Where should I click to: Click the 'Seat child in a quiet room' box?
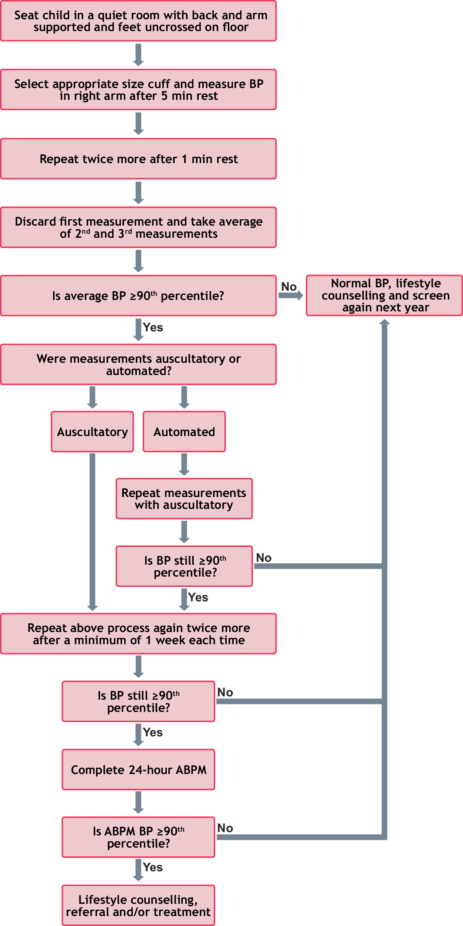pos(138,21)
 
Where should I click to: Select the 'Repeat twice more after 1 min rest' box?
pos(138,159)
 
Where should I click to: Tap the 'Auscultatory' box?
pos(92,432)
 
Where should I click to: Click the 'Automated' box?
pos(184,432)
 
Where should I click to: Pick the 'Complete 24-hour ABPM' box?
pos(138,770)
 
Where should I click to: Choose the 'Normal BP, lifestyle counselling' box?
pos(385,295)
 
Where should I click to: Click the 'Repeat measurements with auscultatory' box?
pos(184,499)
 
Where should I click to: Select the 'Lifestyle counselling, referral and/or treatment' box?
pos(138,905)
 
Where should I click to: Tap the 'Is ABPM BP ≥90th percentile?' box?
pos(138,837)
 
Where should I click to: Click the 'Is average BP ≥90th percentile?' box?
pos(138,296)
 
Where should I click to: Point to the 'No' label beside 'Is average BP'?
pos(289,287)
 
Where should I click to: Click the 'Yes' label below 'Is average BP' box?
pos(153,328)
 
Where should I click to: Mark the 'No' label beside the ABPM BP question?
pos(225,828)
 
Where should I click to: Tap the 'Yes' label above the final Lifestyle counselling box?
pos(153,867)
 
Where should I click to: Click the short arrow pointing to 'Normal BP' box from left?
pos(291,295)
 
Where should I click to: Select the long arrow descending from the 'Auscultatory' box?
pos(92,533)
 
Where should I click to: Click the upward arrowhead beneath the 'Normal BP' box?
pos(385,322)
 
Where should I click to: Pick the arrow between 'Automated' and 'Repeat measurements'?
pos(184,464)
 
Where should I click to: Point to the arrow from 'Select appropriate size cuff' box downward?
pos(138,124)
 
